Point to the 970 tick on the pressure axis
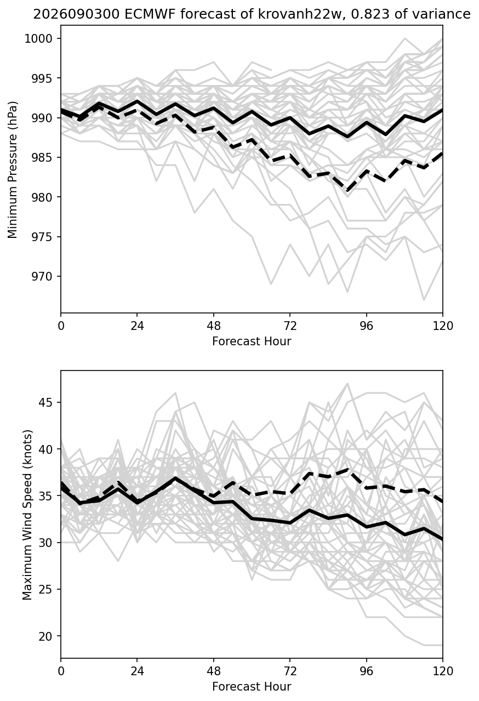[x=42, y=277]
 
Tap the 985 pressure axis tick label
[x=42, y=158]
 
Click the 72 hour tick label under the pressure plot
[x=290, y=326]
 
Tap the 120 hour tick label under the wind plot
[x=443, y=671]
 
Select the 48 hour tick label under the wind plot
[x=214, y=671]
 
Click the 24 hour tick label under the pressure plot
[x=137, y=326]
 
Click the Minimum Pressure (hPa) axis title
[x=12, y=169]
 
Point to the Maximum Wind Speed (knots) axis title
[x=27, y=515]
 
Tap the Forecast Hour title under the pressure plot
[x=252, y=341]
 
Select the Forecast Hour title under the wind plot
[x=252, y=687]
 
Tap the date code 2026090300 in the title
[x=76, y=14]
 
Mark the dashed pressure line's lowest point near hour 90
[x=347, y=190]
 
